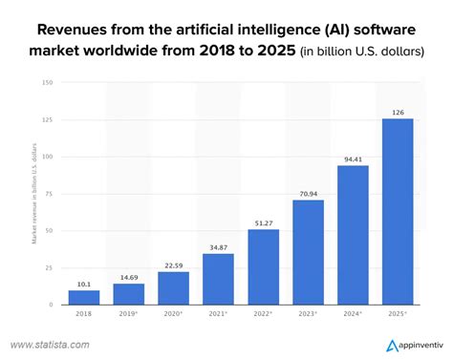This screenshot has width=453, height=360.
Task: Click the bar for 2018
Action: click(84, 297)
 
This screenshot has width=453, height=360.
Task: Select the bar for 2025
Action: click(397, 211)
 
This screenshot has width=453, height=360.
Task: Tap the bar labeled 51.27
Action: click(264, 266)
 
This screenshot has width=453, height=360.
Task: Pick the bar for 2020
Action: click(174, 287)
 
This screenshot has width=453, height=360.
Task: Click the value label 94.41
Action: click(353, 159)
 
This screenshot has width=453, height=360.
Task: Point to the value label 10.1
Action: click(84, 283)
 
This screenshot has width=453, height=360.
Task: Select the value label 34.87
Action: click(219, 246)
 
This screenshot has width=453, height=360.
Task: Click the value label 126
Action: click(398, 112)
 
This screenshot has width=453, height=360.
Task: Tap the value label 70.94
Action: click(308, 193)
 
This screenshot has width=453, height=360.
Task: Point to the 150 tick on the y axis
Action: click(47, 82)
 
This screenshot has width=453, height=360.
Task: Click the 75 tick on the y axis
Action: click(49, 193)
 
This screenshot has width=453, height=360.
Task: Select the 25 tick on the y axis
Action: click(49, 267)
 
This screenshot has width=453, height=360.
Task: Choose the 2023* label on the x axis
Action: click(308, 313)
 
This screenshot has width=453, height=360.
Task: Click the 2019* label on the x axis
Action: click(129, 313)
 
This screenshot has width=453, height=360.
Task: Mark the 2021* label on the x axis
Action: click(219, 313)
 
